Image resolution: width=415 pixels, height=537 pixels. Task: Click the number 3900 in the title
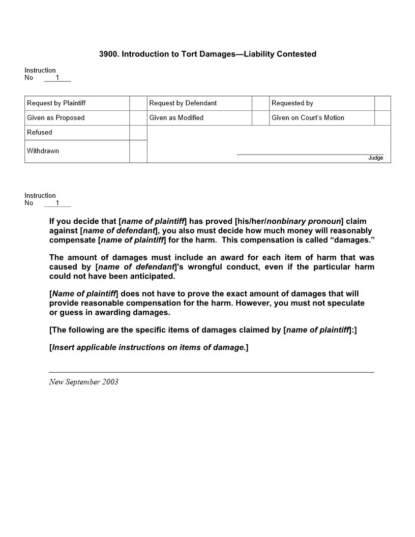[x=108, y=54]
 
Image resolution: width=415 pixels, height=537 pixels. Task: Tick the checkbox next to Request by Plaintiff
[x=138, y=103]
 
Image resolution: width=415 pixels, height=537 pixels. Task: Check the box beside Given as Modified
[x=260, y=118]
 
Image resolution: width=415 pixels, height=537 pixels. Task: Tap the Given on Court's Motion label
[x=308, y=118]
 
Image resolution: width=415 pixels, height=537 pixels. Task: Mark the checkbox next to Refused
[x=138, y=133]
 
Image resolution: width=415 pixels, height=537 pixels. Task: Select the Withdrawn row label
[x=43, y=151]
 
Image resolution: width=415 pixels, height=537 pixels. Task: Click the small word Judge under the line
[x=375, y=158]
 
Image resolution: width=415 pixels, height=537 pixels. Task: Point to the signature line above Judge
[x=310, y=154]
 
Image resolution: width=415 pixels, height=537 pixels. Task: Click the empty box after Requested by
[x=382, y=103]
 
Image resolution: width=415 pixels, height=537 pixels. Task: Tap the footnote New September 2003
[x=83, y=382]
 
